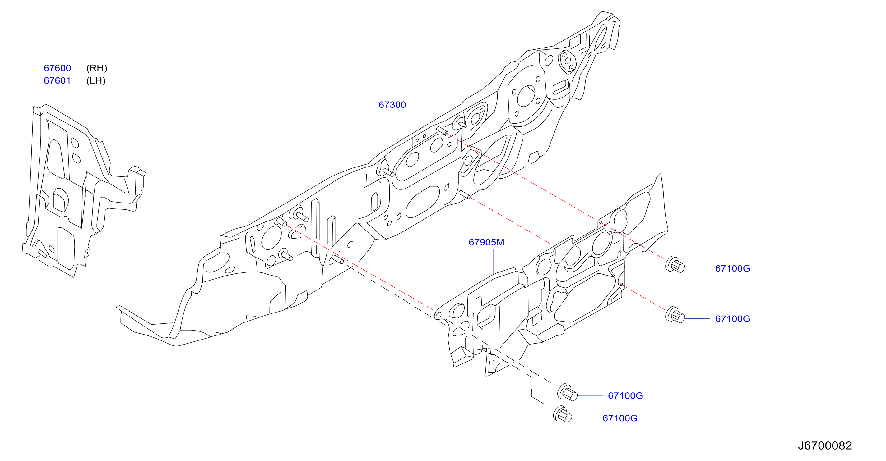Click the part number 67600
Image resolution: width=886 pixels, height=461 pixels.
pos(57,68)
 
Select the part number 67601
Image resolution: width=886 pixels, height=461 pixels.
pos(57,80)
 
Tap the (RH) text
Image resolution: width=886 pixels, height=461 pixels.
pos(97,68)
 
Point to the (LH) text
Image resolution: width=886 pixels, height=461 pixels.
pos(96,80)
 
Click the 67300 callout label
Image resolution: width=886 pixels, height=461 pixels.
pos(392,105)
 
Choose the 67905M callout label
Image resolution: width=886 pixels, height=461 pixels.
pos(486,242)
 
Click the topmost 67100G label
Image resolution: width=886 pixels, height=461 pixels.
pos(733,268)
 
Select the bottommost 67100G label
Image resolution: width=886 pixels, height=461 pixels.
pos(620,418)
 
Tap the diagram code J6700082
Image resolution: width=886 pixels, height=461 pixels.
pos(825,445)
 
